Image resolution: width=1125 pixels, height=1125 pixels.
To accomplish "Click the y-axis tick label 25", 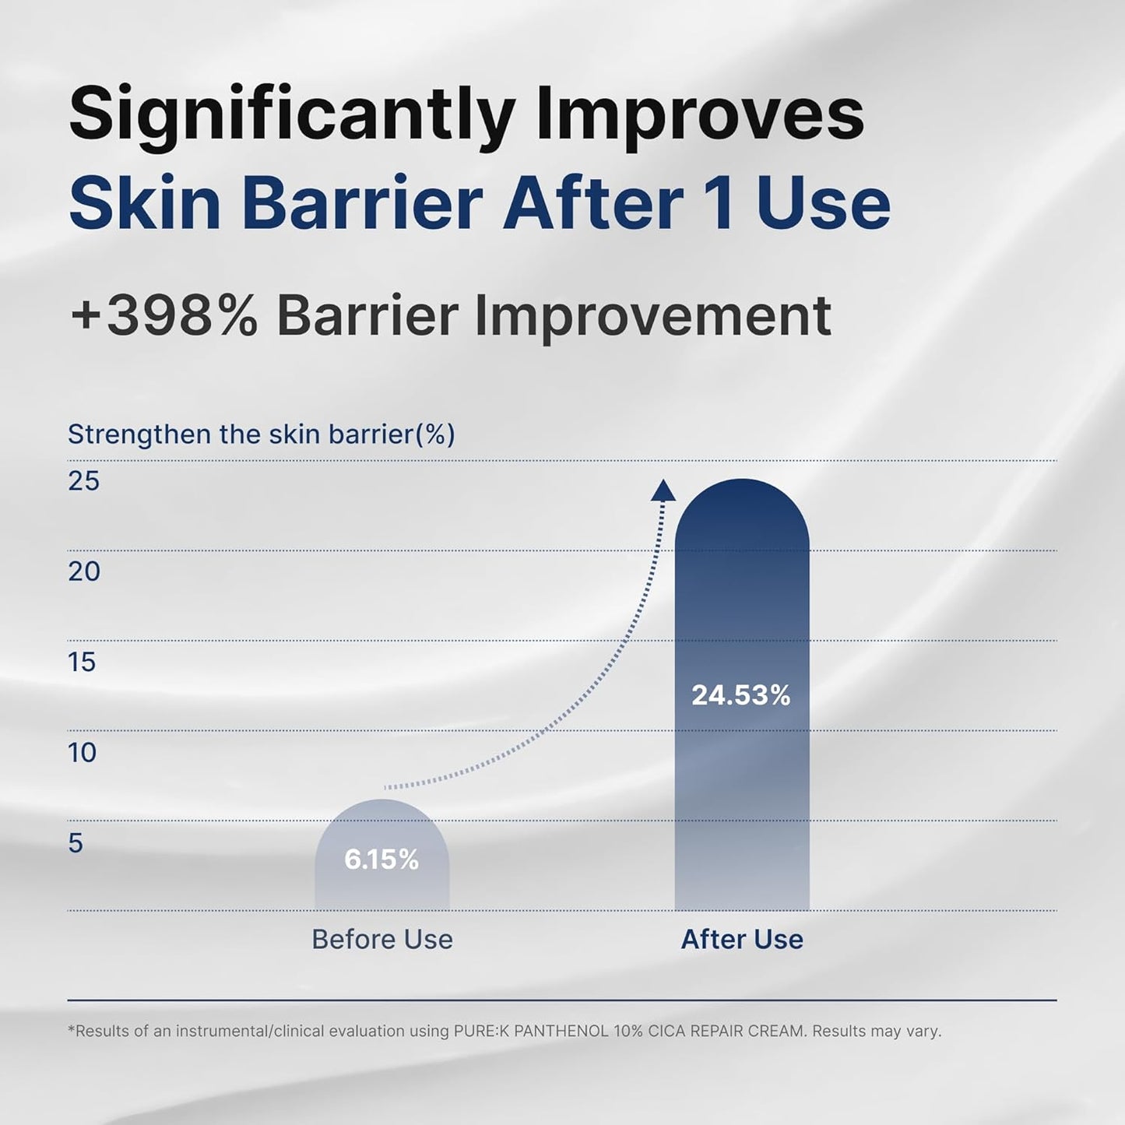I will [83, 481].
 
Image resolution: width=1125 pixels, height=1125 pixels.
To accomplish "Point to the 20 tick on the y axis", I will [83, 571].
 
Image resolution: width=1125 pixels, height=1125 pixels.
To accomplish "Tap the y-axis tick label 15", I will [82, 663].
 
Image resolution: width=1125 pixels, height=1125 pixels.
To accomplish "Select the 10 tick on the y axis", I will [82, 753].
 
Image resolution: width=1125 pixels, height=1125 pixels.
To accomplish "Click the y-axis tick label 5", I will [76, 843].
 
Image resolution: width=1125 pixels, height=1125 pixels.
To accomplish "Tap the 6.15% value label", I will [381, 860].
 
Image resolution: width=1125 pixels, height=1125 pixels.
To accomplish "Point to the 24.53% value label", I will [741, 695].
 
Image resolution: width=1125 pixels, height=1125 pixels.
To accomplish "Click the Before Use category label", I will [382, 940].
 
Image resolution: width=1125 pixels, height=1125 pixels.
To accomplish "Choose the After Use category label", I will [742, 940].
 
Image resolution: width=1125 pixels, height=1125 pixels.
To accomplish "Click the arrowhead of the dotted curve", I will [663, 490].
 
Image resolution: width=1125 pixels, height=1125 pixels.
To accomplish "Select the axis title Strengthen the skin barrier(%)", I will [262, 434].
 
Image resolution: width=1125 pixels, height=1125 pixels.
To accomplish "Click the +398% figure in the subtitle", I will [164, 316].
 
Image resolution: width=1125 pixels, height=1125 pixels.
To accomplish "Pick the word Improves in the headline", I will [700, 115].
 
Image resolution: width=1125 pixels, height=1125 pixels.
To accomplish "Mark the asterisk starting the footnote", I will [72, 1029].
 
